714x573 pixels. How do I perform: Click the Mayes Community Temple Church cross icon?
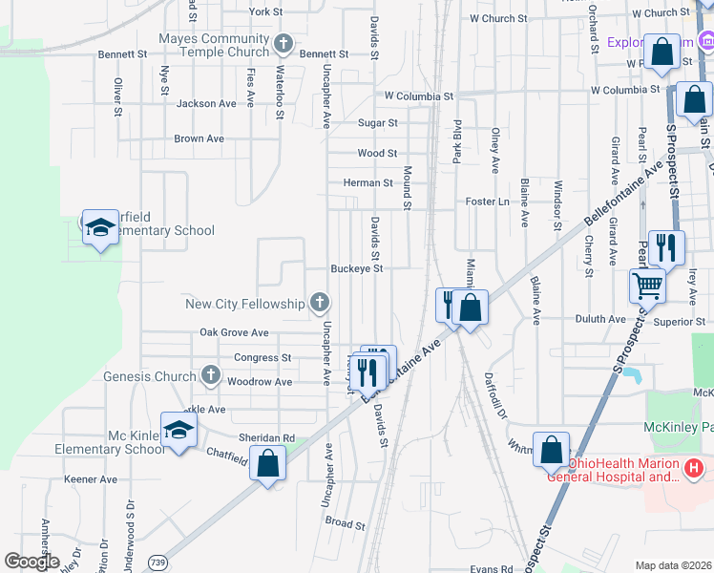[283, 44]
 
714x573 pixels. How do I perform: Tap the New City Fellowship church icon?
[320, 304]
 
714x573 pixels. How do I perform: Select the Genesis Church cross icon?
[212, 376]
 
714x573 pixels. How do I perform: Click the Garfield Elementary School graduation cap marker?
[99, 228]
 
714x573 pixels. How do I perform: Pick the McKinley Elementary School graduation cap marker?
[178, 431]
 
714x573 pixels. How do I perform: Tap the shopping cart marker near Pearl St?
[647, 284]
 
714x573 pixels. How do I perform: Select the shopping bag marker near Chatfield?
[269, 464]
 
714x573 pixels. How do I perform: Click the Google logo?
[31, 562]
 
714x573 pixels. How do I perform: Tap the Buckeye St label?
[356, 269]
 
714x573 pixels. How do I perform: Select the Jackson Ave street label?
[206, 104]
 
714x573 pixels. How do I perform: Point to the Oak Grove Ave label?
[234, 332]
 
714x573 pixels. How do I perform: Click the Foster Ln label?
[487, 202]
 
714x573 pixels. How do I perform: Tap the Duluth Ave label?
[598, 319]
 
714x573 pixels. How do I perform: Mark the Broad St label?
[345, 523]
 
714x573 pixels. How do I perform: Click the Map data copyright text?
[673, 565]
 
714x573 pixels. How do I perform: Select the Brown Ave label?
[199, 138]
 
